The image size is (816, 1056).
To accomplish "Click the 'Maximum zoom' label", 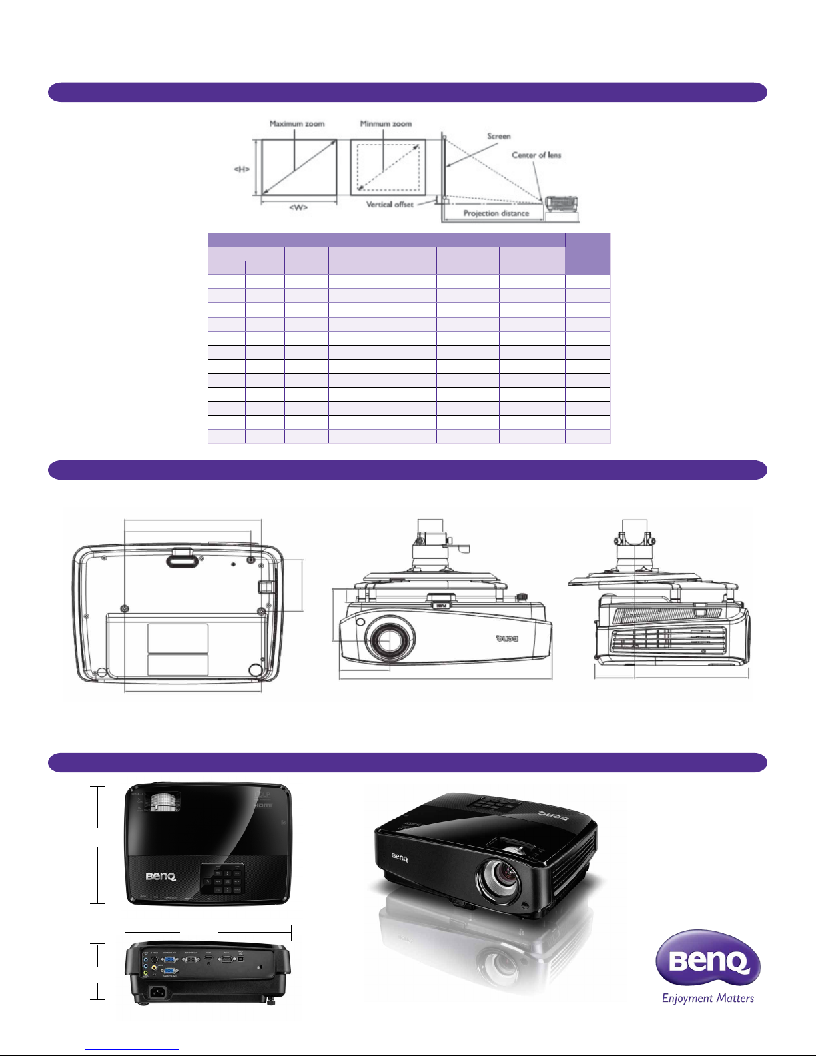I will point(297,124).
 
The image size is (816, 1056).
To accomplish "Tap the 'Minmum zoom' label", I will point(386,124).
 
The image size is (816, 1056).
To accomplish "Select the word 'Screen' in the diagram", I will point(498,136).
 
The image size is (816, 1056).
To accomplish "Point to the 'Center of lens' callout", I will point(536,155).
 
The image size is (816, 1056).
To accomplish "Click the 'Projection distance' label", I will point(496,213).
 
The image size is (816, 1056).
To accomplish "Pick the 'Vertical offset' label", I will point(390,205).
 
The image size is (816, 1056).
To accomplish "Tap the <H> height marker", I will point(242,169).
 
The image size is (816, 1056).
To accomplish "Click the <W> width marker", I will point(298,207).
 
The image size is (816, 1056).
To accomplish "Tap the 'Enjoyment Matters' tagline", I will point(708,998).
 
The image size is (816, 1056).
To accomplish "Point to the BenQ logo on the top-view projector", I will point(161,877).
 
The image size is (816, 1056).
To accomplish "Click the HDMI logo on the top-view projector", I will point(264,805).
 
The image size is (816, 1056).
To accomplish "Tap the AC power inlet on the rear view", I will point(159,992).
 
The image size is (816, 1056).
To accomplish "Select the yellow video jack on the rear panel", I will point(146,973).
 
